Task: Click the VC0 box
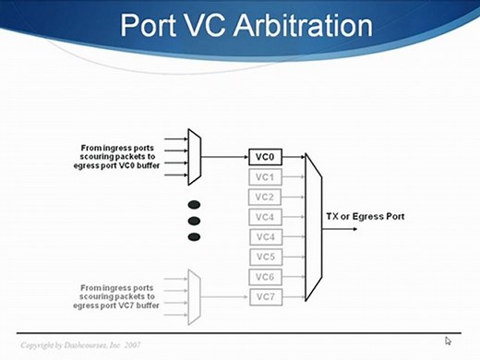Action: click(264, 157)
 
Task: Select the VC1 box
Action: click(264, 176)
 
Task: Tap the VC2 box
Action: click(264, 197)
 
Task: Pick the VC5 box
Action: click(264, 257)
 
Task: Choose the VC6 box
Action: click(264, 277)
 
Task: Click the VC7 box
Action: click(264, 297)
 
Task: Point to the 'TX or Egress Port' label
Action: click(365, 216)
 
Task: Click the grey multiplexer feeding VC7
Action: click(194, 297)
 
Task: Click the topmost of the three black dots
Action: click(194, 204)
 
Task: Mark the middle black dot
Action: click(194, 221)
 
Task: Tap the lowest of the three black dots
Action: click(194, 237)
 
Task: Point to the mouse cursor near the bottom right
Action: click(449, 341)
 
